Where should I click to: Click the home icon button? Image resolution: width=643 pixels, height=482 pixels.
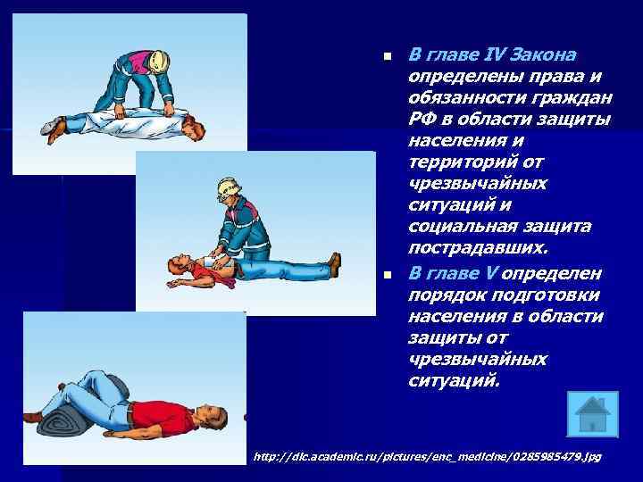pyautogui.click(x=590, y=413)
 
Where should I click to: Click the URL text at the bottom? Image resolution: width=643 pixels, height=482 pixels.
pyautogui.click(x=429, y=456)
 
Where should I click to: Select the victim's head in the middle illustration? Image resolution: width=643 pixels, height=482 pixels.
pyautogui.click(x=178, y=265)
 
